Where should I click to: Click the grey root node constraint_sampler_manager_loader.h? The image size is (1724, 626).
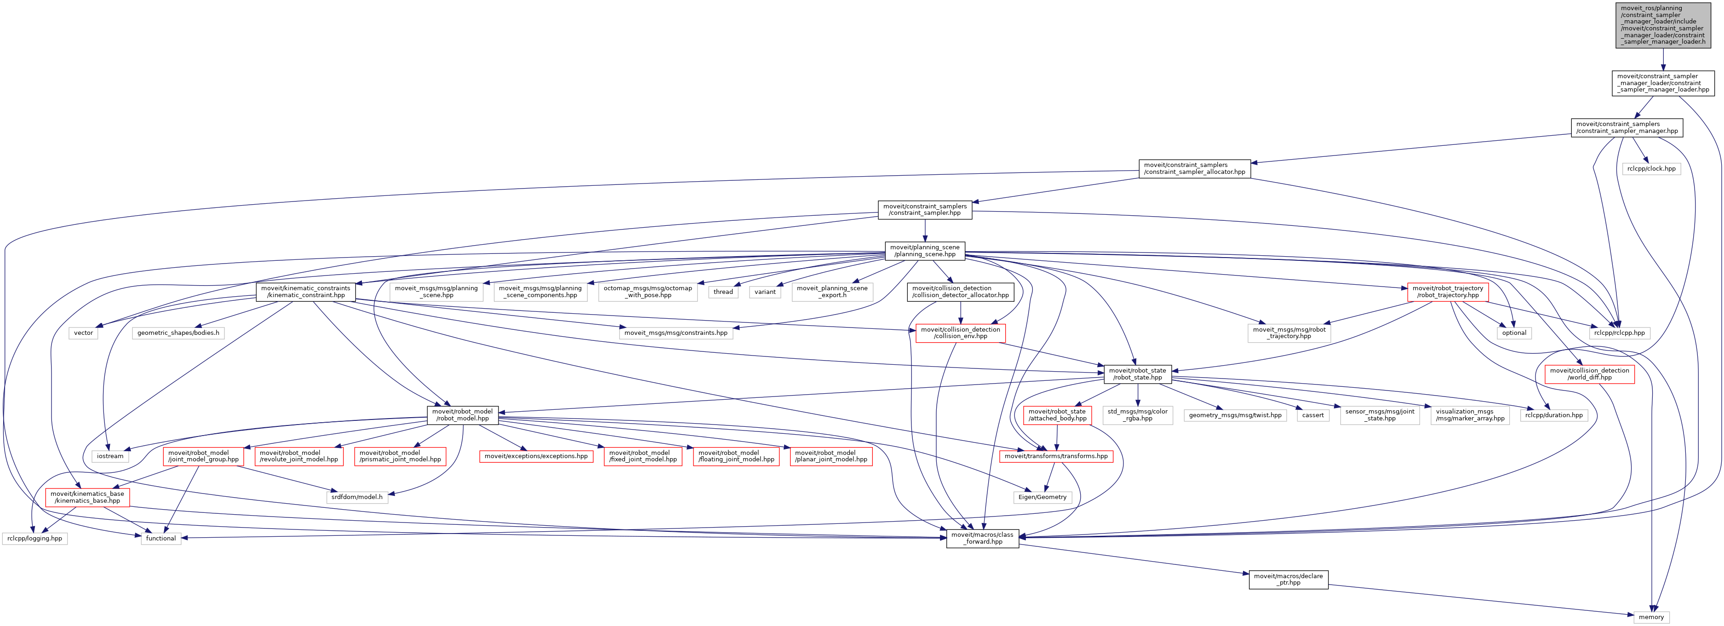click(x=1663, y=25)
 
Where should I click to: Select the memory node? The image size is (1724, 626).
click(x=1651, y=617)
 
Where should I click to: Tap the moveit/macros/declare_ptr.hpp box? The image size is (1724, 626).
click(x=1289, y=579)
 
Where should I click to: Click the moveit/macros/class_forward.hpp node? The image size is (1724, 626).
click(x=982, y=538)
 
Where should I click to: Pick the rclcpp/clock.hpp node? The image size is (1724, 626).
click(x=1651, y=169)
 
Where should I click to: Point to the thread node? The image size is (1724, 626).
click(x=723, y=292)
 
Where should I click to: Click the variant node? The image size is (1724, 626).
click(x=765, y=292)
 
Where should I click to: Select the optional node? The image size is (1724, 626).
click(x=1514, y=333)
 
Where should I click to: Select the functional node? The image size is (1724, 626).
click(x=160, y=538)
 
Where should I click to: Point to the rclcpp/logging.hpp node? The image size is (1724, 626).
click(x=35, y=538)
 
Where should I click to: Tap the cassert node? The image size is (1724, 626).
click(x=1312, y=415)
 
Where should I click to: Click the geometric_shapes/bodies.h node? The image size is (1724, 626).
click(x=178, y=333)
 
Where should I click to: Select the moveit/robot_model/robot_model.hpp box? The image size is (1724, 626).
click(x=463, y=415)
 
